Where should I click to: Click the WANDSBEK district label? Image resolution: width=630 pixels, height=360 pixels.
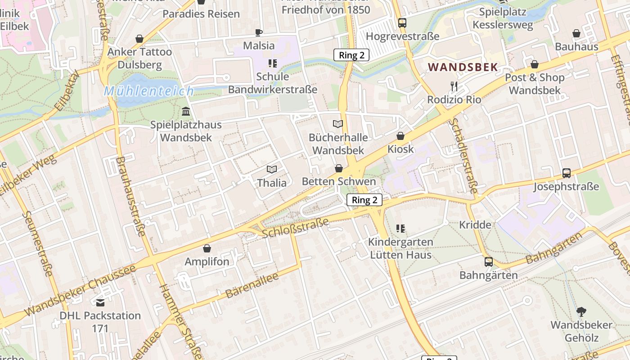click(x=463, y=67)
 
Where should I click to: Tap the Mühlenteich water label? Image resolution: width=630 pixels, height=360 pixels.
click(x=149, y=91)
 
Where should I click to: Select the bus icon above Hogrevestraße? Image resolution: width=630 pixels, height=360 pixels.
click(x=402, y=22)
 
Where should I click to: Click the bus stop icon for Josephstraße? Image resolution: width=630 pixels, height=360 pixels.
click(x=567, y=173)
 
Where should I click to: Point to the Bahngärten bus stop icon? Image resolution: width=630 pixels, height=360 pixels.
click(x=488, y=261)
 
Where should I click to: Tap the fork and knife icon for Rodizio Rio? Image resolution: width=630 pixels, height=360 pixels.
click(x=454, y=86)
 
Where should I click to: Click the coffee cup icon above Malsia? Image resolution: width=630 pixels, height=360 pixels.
click(x=259, y=32)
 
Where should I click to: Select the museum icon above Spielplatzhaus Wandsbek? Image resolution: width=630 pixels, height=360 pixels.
click(x=186, y=111)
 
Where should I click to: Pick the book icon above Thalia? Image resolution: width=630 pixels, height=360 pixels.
click(x=271, y=169)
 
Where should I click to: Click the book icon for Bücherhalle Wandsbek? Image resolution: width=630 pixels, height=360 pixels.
click(x=337, y=124)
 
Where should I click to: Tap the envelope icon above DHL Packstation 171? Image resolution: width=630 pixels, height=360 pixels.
click(x=100, y=302)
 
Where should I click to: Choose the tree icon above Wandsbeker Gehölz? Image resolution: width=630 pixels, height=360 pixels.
click(x=581, y=311)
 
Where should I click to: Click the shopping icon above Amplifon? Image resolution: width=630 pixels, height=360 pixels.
click(x=207, y=248)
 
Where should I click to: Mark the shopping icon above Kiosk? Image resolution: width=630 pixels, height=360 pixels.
click(x=400, y=136)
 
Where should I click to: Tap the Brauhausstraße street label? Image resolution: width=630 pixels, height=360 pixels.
click(x=130, y=196)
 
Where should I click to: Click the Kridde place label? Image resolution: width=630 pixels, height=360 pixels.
click(x=475, y=225)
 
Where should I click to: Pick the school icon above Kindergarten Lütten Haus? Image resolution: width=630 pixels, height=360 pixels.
click(x=400, y=229)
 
